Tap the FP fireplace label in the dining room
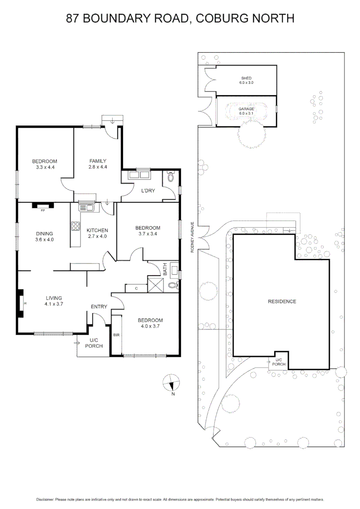[x=43, y=210]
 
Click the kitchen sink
[x=87, y=206]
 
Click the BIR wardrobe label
[x=116, y=335]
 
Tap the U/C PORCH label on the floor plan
[x=94, y=343]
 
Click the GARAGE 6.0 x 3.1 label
[x=246, y=111]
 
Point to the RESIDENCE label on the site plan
[x=282, y=302]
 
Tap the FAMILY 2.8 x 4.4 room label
[x=98, y=164]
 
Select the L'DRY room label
[x=149, y=191]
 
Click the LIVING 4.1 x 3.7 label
[x=54, y=301]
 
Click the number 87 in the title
[x=73, y=18]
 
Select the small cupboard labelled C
[x=136, y=288]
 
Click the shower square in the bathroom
[x=155, y=285]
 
